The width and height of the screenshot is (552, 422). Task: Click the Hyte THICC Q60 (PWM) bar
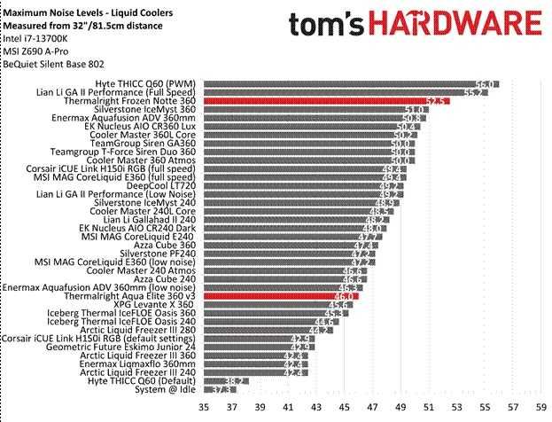(350, 83)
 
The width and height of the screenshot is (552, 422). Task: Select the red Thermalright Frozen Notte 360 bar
(326, 101)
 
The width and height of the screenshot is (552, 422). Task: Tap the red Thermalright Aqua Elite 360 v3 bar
(280, 296)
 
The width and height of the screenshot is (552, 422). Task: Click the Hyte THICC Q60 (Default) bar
(225, 380)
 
